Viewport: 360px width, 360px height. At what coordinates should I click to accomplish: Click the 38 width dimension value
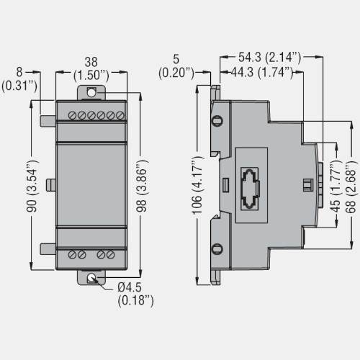coord(91,62)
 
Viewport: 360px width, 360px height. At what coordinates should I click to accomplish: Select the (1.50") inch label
coord(91,74)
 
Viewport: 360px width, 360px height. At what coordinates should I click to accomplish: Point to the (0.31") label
coord(20,85)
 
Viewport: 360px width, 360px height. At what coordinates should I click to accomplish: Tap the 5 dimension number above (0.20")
coord(176,58)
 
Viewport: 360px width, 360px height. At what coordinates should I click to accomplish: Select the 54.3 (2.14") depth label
coord(270,55)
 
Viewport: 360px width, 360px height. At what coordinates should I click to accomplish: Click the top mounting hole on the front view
coord(91,92)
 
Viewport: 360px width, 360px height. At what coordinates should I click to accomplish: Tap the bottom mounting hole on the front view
coord(91,278)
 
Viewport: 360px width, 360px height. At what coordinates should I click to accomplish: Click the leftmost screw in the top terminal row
coord(73,115)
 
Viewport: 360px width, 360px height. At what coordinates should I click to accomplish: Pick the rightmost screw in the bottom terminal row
coord(112,255)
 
